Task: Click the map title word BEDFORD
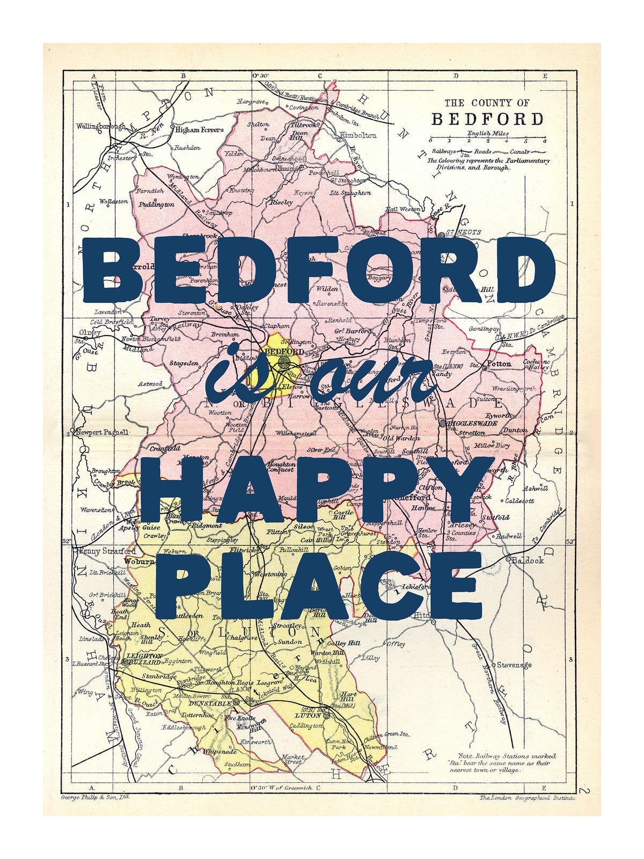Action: [487, 119]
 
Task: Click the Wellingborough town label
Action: [100, 126]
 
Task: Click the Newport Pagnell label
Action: [103, 432]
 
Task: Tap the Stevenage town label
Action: [514, 665]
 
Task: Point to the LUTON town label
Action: [308, 715]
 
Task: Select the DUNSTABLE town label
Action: [210, 703]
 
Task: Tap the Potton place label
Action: [499, 363]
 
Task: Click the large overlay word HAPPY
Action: [317, 489]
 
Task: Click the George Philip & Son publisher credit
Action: [95, 797]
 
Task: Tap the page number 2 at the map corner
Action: [584, 791]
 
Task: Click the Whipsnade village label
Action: [219, 752]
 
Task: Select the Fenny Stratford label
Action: [107, 551]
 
